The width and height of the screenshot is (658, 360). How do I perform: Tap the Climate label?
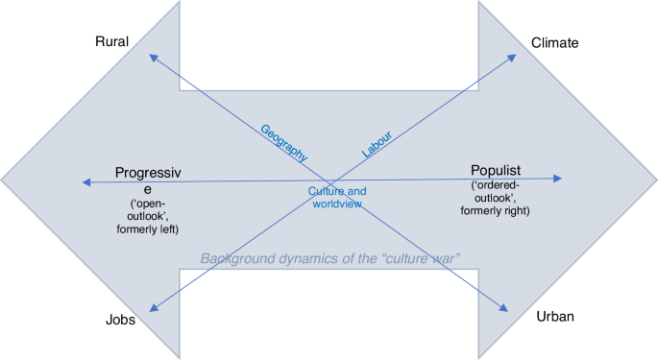pyautogui.click(x=554, y=42)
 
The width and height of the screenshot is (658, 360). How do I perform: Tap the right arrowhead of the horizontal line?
pyautogui.click(x=559, y=178)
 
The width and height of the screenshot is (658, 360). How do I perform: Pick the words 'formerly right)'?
pyautogui.click(x=500, y=209)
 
